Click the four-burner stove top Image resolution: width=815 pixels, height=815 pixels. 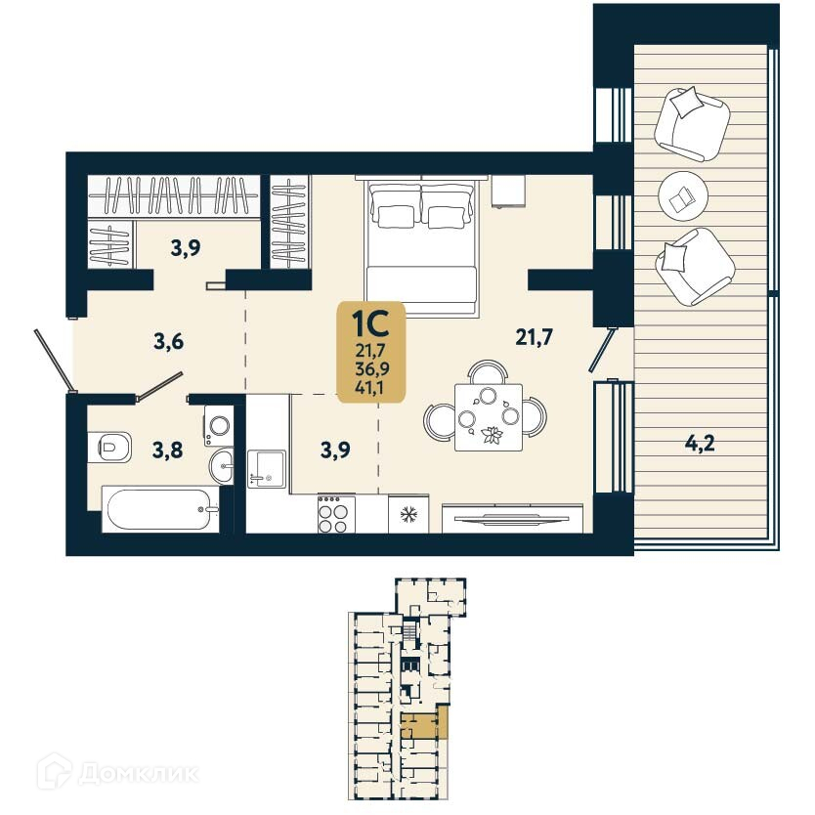332,514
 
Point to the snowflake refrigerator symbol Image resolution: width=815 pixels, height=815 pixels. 407,514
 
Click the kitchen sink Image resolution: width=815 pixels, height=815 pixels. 265,467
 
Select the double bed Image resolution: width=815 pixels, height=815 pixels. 422,248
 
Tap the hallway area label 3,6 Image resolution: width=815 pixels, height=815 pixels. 169,342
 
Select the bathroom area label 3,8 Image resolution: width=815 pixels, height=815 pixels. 169,450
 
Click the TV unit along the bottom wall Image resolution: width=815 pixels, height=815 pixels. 512,517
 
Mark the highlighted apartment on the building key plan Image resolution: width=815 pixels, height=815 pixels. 424,726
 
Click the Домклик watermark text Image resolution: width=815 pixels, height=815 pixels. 137,774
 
